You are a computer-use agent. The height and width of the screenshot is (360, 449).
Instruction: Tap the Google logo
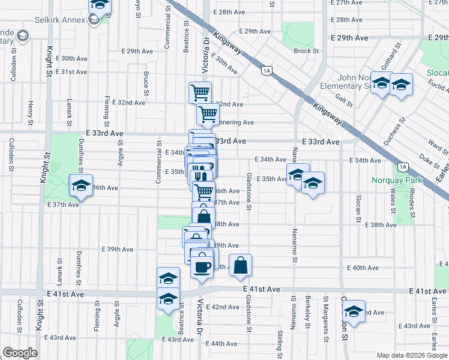pyautogui.click(x=20, y=353)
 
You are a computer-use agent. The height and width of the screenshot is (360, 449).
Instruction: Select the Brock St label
pyautogui.click(x=306, y=51)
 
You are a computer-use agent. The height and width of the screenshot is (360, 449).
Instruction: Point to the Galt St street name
pyautogui.click(x=344, y=99)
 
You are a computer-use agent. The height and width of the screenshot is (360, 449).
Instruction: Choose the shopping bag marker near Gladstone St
pyautogui.click(x=240, y=266)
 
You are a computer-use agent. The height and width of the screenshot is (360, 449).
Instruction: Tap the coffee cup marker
pyautogui.click(x=202, y=264)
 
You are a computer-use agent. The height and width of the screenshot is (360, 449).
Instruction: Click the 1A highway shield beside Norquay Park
pyautogui.click(x=403, y=167)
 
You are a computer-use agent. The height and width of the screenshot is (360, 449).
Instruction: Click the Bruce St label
pyautogui.click(x=146, y=83)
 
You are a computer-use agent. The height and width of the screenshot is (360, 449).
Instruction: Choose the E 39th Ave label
pyautogui.click(x=118, y=249)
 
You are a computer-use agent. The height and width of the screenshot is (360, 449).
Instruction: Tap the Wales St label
pyautogui.click(x=393, y=201)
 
